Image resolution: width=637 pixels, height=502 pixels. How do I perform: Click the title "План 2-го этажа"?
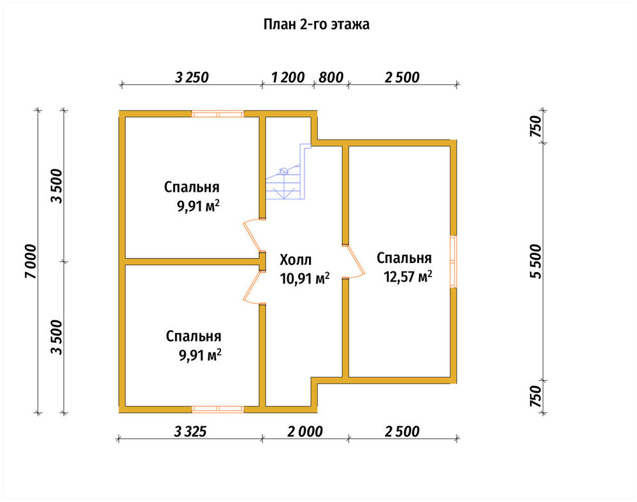coord(317,24)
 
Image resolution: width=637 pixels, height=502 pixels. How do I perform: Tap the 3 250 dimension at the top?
coord(192,77)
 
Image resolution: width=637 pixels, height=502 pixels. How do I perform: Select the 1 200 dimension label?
coord(288,77)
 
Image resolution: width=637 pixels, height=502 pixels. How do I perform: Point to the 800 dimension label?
coord(331,77)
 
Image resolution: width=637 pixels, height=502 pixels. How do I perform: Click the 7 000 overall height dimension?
coord(31,262)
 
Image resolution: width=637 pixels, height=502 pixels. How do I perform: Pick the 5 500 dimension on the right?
coord(536,262)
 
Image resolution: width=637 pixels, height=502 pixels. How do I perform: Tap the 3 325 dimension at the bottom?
coord(190,431)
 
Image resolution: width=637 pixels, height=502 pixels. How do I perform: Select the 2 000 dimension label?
coord(305,431)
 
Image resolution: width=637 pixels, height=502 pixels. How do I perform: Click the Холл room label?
coord(296,259)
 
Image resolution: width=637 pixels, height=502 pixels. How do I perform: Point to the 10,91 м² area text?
coord(304,278)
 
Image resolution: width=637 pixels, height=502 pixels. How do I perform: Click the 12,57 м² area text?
coord(408,277)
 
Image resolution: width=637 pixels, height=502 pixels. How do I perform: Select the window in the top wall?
coord(218,114)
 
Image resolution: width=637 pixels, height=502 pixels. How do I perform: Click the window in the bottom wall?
coord(218,409)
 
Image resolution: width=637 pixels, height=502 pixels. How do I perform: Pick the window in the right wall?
coord(454,262)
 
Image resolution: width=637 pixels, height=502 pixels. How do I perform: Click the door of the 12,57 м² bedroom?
coord(354,262)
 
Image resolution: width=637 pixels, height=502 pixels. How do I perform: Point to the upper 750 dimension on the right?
coord(536,126)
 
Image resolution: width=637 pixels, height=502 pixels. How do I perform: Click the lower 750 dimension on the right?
coord(536,396)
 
